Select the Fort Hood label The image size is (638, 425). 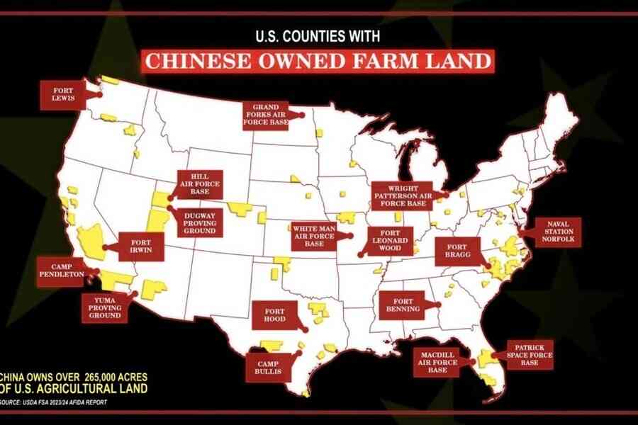275,314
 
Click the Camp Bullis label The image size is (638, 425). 268,365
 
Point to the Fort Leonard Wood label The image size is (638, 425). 389,241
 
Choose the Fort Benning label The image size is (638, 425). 402,305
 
